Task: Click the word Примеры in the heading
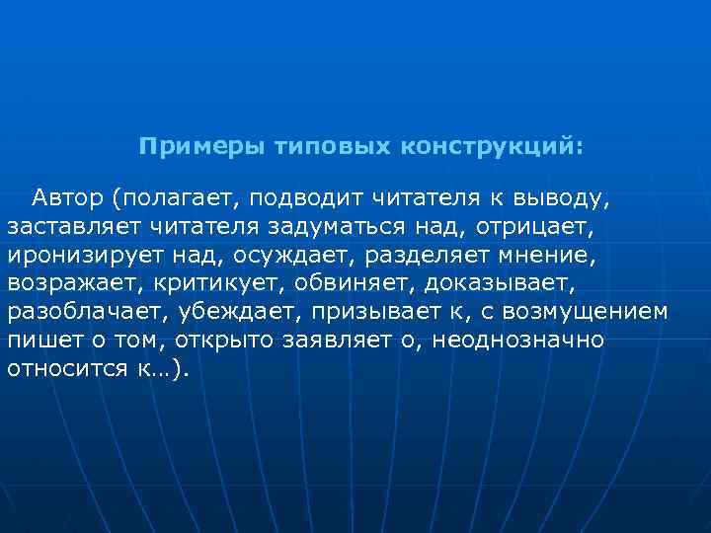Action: click(187, 147)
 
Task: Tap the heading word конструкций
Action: click(493, 147)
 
